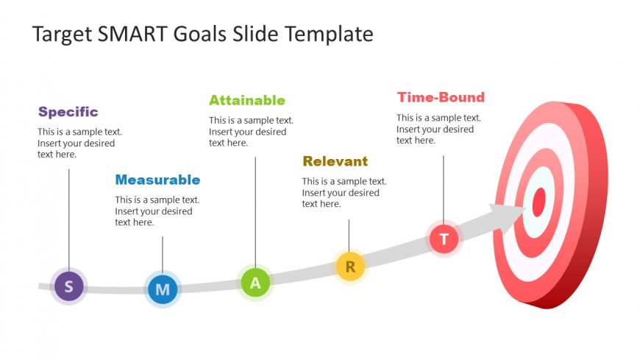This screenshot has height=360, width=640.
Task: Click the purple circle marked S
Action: [69, 286]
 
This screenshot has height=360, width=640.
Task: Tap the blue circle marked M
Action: [163, 289]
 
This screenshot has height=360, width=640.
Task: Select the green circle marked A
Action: [255, 282]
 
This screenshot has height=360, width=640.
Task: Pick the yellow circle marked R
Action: [350, 267]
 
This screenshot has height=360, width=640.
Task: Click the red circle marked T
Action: [444, 239]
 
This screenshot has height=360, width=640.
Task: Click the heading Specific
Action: [68, 112]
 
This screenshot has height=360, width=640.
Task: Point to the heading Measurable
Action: [157, 180]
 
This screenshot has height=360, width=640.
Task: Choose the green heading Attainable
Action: [246, 100]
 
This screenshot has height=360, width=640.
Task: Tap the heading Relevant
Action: [335, 161]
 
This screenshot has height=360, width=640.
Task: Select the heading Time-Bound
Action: [441, 97]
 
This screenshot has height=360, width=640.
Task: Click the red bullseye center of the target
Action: [539, 202]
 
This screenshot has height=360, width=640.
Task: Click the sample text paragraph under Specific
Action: [79, 143]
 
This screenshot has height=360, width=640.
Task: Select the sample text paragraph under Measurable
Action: [157, 211]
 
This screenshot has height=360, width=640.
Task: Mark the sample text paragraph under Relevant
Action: [344, 192]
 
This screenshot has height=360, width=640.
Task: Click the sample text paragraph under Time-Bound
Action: [438, 129]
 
